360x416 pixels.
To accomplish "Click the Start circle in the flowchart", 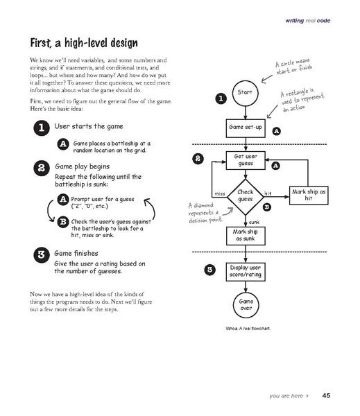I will click(244, 92).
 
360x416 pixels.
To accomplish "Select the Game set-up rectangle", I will click(244, 128).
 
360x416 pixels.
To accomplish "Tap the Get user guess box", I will click(245, 161).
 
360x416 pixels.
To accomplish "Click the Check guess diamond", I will click(245, 196).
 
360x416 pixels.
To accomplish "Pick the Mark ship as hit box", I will click(309, 195).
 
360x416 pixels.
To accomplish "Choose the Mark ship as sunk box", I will click(245, 235).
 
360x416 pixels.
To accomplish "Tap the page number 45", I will click(326, 396).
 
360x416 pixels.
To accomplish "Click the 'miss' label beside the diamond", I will click(221, 192).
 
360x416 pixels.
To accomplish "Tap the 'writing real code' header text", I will click(308, 21).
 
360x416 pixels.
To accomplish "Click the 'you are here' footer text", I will click(289, 396).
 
